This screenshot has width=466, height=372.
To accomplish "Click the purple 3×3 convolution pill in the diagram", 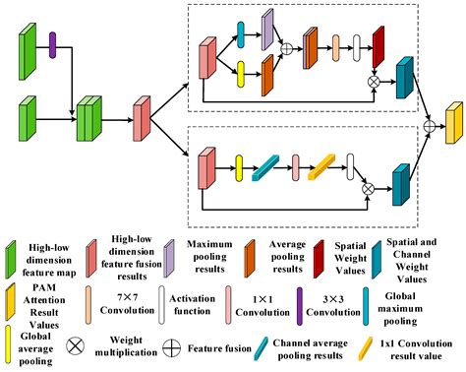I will (53, 41).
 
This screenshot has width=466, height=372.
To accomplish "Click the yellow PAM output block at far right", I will (453, 125).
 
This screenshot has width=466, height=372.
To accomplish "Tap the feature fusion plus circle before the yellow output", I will (429, 125).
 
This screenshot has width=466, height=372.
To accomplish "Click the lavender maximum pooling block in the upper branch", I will (267, 31).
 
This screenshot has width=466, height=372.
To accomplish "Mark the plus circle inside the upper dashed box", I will (286, 47).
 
